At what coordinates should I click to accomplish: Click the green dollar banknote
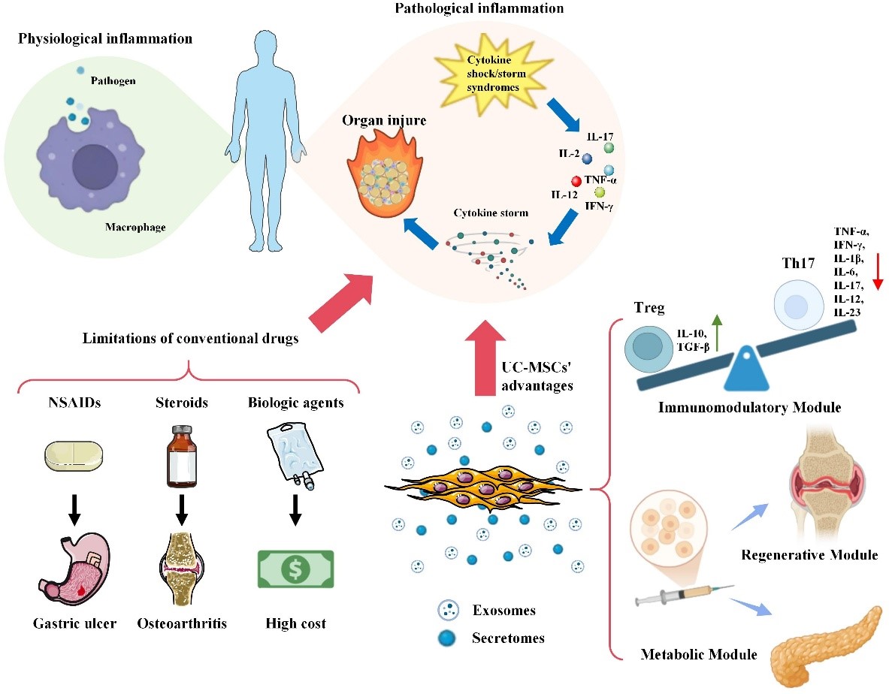coord(296,571)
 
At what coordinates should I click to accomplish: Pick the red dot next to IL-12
coord(576,181)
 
